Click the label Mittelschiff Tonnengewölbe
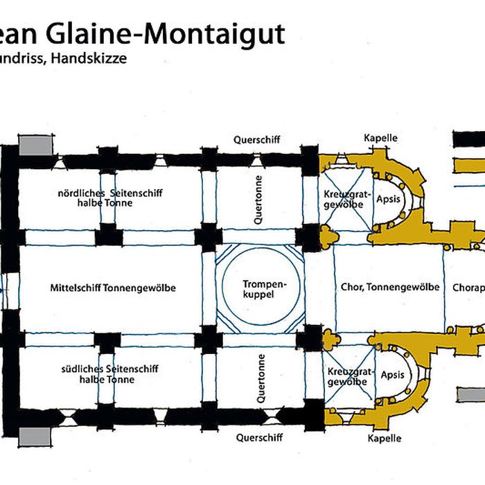coord(113,288)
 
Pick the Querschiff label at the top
coord(257,139)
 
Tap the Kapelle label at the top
coord(381,138)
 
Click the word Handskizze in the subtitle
coord(96,58)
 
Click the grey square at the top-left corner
coord(35,145)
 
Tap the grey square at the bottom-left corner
coord(34,436)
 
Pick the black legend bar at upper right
coord(468,139)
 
